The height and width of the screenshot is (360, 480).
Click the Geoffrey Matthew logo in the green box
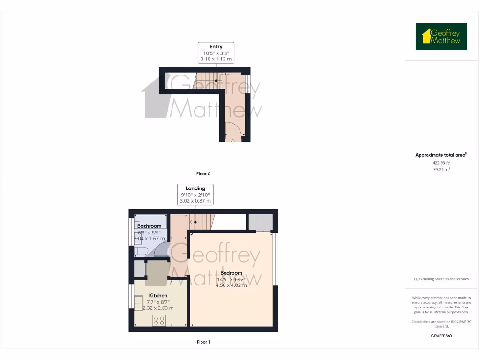pos(441,37)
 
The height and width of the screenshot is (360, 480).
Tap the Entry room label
pos(216,46)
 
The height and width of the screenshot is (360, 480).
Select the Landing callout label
pos(195,188)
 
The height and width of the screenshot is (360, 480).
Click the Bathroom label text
pos(149,226)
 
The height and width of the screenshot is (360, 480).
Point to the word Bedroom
pos(232,273)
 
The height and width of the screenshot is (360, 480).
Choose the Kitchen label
pos(158,296)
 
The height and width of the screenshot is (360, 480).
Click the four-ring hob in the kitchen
pos(159,320)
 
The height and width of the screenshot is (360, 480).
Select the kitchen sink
pos(138,304)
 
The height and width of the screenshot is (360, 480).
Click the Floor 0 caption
pos(203,174)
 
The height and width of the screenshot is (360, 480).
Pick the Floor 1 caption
pos(203,342)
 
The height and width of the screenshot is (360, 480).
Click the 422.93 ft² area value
pos(441,163)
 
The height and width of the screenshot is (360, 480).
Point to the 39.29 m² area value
pos(441,170)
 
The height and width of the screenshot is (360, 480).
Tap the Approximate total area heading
pos(441,155)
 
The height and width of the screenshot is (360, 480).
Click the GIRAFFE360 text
pos(441,336)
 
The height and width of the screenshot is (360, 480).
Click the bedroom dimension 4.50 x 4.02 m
pos(232,285)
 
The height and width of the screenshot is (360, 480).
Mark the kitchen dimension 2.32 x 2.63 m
pos(158,308)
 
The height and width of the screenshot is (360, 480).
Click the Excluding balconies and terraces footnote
pos(441,279)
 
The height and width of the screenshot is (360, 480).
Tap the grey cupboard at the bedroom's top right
pos(260,222)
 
